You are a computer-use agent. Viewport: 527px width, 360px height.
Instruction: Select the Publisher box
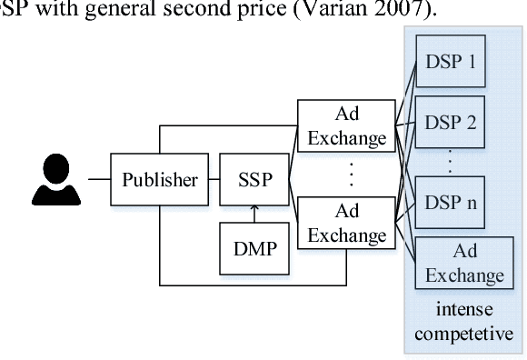pyautogui.click(x=159, y=179)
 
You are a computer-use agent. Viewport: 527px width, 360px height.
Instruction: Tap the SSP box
pyautogui.click(x=254, y=179)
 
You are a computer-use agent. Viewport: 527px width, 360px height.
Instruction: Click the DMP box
pyautogui.click(x=254, y=245)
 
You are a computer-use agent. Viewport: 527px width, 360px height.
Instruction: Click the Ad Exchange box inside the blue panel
pyautogui.click(x=465, y=262)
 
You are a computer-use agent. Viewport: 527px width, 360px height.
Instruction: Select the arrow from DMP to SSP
pyautogui.click(x=254, y=213)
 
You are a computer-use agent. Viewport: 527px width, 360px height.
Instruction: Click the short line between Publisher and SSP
pyautogui.click(x=211, y=179)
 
